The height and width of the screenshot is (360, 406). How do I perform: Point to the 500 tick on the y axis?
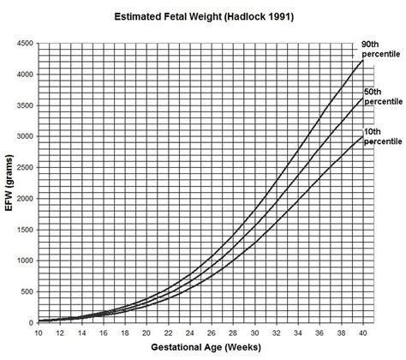click(x=26, y=291)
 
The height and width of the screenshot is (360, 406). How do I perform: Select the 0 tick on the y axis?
click(x=31, y=322)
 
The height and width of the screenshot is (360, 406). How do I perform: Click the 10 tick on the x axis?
click(x=39, y=332)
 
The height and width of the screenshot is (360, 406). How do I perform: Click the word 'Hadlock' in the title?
click(x=230, y=15)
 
